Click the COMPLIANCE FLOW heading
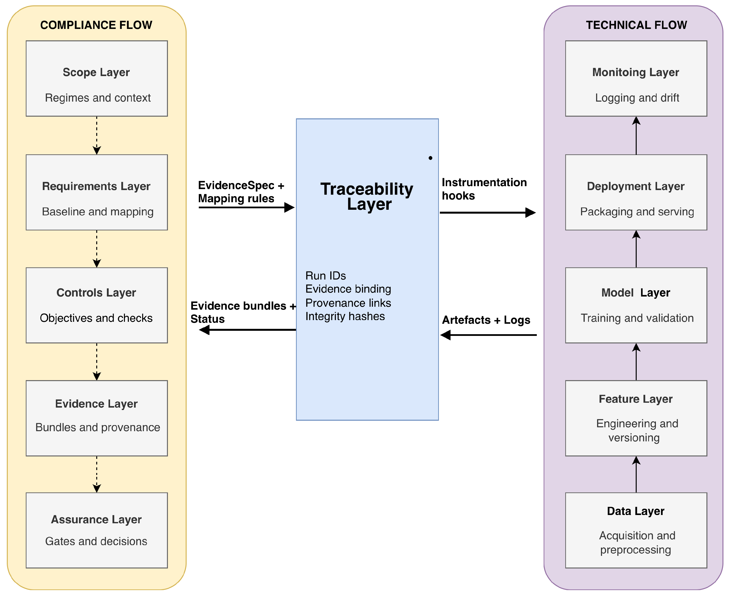(x=96, y=25)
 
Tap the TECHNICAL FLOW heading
(x=636, y=25)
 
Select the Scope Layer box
(x=96, y=78)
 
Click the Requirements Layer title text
(x=96, y=186)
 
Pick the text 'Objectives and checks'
(x=96, y=318)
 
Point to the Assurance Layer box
(x=96, y=530)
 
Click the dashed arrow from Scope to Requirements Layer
(x=97, y=135)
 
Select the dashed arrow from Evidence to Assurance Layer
(x=97, y=474)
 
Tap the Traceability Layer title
(x=367, y=196)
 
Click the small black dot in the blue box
(x=430, y=158)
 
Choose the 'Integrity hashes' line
(x=345, y=316)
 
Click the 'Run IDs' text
(x=325, y=275)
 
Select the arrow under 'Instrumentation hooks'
(x=487, y=212)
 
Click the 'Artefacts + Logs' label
(x=486, y=320)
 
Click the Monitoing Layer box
(x=636, y=78)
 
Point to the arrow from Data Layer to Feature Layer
(x=636, y=474)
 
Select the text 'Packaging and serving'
(x=637, y=211)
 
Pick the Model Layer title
(x=635, y=293)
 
